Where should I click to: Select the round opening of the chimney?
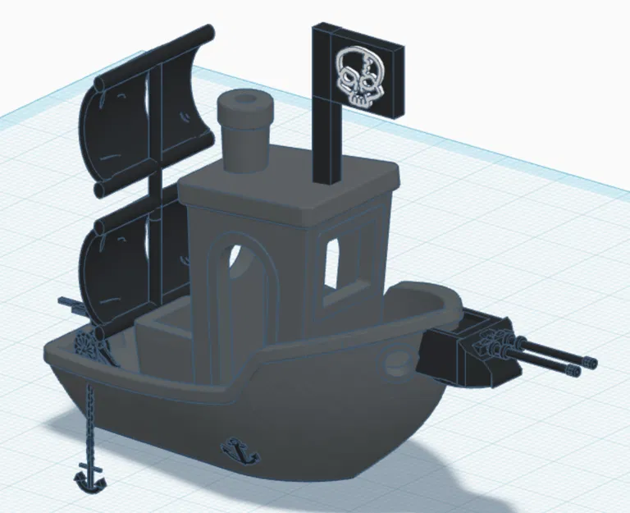(x=244, y=102)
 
